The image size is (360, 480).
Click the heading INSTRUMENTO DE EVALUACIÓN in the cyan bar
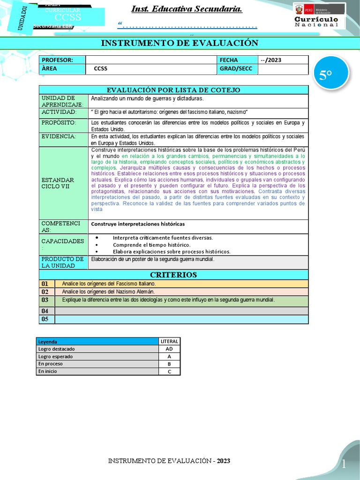pos(180,43)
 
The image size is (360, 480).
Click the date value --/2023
pos(271,60)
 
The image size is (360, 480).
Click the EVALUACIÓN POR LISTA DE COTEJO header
pos(173,90)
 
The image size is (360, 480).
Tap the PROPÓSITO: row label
pos(59,122)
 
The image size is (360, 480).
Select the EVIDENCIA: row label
pos(59,136)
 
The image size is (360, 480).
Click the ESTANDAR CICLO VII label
pos(58,183)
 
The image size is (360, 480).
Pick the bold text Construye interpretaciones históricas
pos(138,224)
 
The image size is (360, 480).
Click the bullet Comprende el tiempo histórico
pos(151,245)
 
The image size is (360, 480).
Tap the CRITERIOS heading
pos(173,275)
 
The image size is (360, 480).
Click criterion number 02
pos(45,292)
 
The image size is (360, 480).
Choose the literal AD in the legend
pos(169,349)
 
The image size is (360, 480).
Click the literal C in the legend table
pos(169,371)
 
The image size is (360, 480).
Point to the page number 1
pos(343,464)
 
